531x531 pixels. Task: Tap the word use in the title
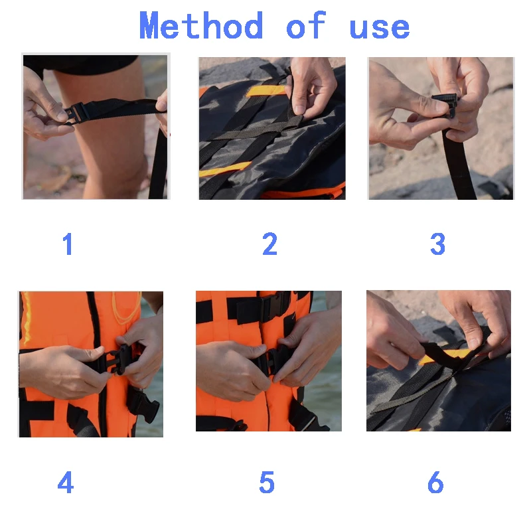[x=379, y=27]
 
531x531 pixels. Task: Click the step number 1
[x=68, y=245]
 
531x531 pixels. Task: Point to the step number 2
[x=269, y=245]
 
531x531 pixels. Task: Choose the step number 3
[x=437, y=245]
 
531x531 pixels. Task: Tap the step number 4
[x=66, y=483]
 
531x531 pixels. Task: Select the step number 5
[x=267, y=483]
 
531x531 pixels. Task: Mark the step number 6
[x=435, y=483]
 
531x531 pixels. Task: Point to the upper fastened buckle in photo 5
[x=272, y=307]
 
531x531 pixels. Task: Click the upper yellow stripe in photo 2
[x=265, y=90]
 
